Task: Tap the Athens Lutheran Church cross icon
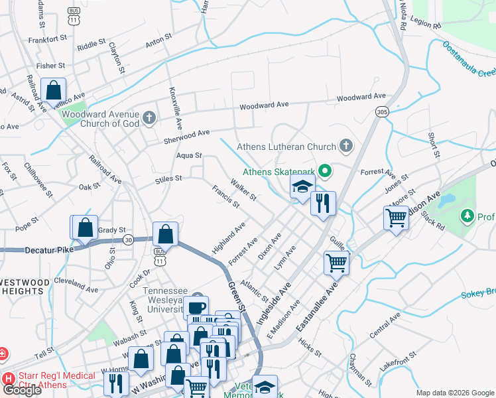[345, 145]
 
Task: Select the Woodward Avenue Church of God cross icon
[149, 118]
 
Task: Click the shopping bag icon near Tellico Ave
[53, 90]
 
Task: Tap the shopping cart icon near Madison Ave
[396, 216]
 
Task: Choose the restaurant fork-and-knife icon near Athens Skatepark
[323, 203]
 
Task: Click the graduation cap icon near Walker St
[302, 186]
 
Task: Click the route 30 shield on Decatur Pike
[128, 239]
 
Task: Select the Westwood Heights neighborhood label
[25, 287]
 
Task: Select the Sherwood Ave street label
[186, 136]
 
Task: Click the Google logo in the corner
[22, 390]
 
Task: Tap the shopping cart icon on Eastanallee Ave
[336, 263]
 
